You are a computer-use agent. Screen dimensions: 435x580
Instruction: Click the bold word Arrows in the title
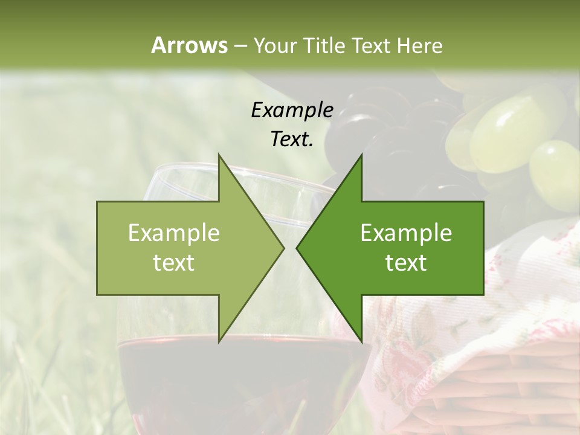pyautogui.click(x=189, y=45)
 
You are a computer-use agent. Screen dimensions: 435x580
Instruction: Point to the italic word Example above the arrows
pyautogui.click(x=292, y=111)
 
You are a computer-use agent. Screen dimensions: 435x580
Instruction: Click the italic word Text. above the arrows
pyautogui.click(x=292, y=139)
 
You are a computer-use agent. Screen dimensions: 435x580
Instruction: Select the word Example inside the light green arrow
pyautogui.click(x=174, y=233)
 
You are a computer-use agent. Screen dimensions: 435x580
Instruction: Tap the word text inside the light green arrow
pyautogui.click(x=174, y=263)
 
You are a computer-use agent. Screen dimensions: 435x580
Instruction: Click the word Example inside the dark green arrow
pyautogui.click(x=406, y=233)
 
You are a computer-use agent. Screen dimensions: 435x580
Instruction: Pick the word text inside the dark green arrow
pyautogui.click(x=406, y=263)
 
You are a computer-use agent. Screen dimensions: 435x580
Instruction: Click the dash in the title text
pyautogui.click(x=240, y=46)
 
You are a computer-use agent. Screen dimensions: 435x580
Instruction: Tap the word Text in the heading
pyautogui.click(x=370, y=45)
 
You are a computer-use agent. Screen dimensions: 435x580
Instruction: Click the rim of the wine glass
pyautogui.click(x=181, y=172)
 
